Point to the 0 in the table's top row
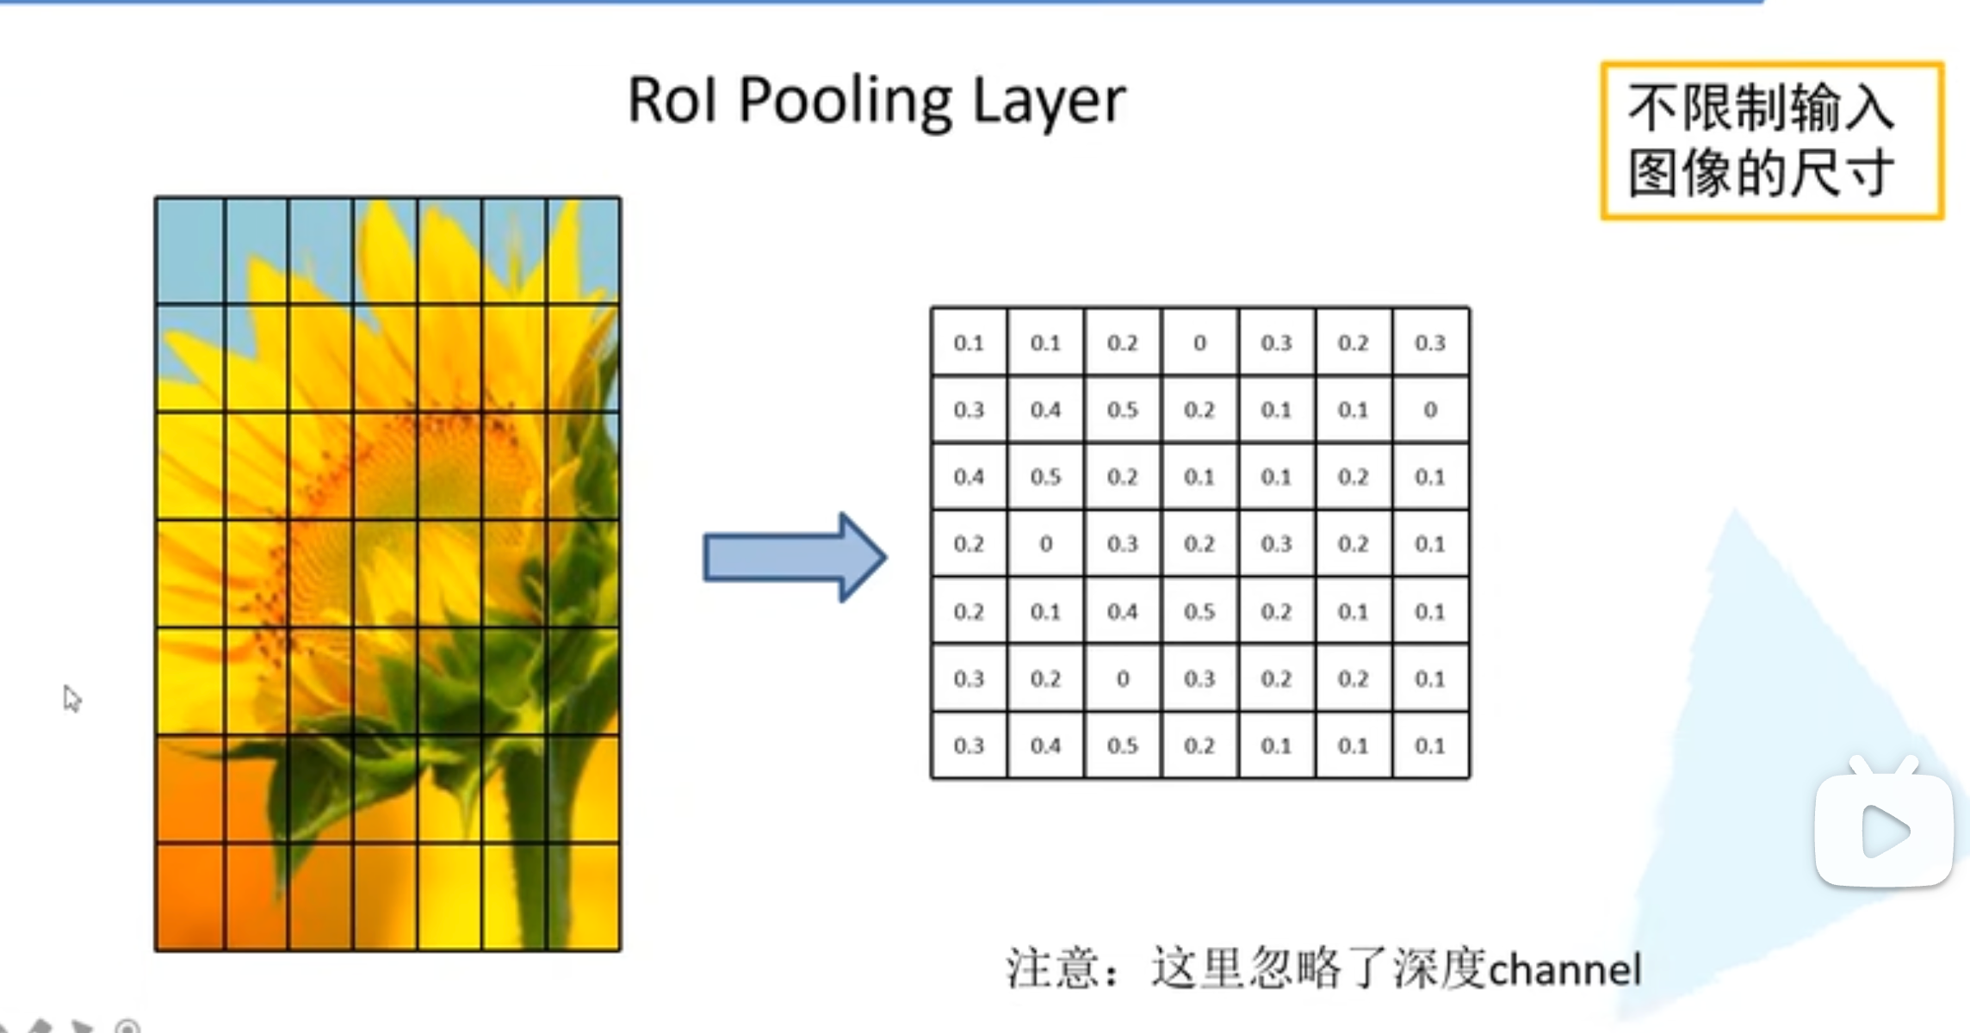1199,343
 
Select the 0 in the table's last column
1430,410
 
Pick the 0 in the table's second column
1045,544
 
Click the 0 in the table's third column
1122,679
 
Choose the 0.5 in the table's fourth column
1199,612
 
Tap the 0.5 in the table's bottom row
1122,745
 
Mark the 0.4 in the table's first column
969,477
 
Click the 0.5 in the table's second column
1045,477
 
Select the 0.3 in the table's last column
1430,343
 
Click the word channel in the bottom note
1564,970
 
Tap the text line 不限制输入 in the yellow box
1760,108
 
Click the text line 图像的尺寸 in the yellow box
1760,173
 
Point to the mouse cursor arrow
71,697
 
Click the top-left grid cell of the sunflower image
190,251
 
